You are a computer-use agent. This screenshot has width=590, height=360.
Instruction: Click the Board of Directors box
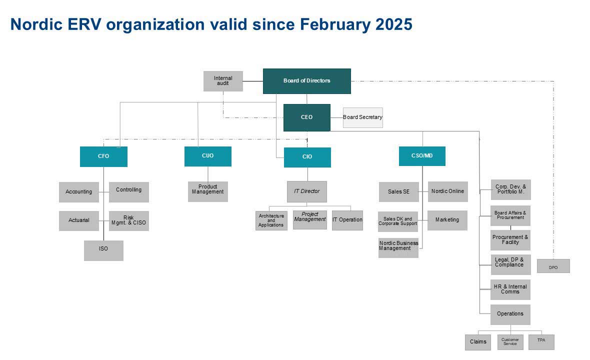306,81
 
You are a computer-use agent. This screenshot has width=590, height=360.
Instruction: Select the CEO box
306,117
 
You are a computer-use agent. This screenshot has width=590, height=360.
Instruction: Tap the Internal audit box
223,81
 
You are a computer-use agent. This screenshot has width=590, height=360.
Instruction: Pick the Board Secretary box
362,117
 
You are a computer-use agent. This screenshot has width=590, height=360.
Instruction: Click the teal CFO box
103,156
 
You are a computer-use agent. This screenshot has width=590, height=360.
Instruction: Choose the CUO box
207,156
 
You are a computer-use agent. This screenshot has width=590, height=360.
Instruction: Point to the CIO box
307,157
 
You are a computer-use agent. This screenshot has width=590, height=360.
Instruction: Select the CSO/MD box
422,156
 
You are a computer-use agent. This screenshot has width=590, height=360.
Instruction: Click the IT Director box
306,191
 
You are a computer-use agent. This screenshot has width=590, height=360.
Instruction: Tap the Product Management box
207,191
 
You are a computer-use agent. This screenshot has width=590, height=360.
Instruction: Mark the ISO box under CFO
103,250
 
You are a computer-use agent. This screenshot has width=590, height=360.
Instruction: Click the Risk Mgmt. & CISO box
128,221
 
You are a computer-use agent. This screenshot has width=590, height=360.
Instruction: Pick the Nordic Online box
448,191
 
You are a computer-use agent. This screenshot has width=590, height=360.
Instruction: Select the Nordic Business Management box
398,247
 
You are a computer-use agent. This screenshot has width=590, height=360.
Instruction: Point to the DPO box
553,266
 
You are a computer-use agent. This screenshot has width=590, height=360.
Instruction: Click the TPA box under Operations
541,342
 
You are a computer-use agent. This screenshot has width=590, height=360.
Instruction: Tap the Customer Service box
510,342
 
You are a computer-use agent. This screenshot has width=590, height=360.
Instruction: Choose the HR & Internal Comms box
510,289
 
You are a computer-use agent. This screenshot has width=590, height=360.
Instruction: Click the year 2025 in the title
394,24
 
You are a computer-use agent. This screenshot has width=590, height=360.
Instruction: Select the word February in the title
335,25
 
